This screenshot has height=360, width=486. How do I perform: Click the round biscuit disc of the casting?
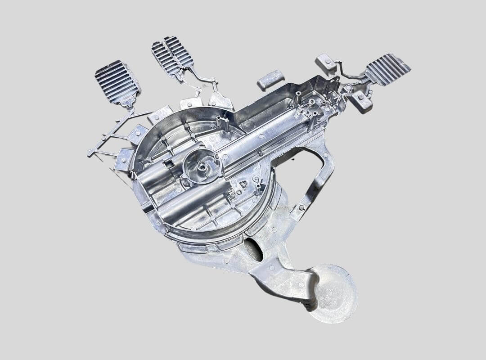[x=333, y=292]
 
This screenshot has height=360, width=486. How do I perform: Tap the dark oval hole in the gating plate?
[x=253, y=250]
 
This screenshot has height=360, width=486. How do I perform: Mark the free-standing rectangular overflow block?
[x=270, y=80]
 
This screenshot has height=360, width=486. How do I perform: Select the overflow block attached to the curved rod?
[x=326, y=63]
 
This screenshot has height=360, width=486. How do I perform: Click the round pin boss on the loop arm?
[x=301, y=207]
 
